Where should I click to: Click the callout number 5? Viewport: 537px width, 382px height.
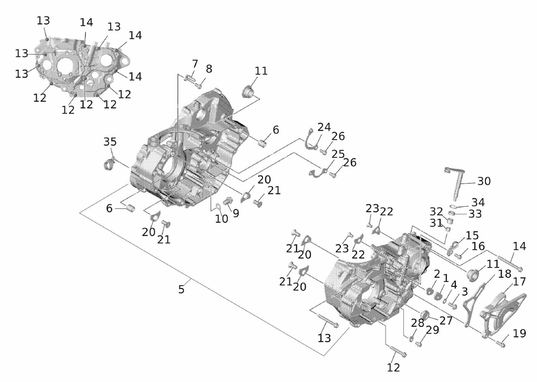182,290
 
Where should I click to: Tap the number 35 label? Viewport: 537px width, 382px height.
110,142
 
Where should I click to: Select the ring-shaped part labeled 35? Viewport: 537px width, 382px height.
109,164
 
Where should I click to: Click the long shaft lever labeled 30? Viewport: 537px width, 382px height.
455,183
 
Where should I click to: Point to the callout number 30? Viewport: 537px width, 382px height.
484,181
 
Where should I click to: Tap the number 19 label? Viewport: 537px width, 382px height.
519,333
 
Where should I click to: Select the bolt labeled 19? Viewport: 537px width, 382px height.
500,342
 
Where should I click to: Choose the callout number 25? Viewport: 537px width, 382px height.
338,154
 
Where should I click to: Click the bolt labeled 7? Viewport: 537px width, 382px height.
188,78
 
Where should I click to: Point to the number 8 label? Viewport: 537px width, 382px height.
209,69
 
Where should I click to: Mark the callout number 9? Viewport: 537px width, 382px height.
236,213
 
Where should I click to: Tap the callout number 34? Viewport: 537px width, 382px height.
478,202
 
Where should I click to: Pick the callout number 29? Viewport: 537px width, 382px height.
432,329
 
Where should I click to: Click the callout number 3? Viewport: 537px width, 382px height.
465,292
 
